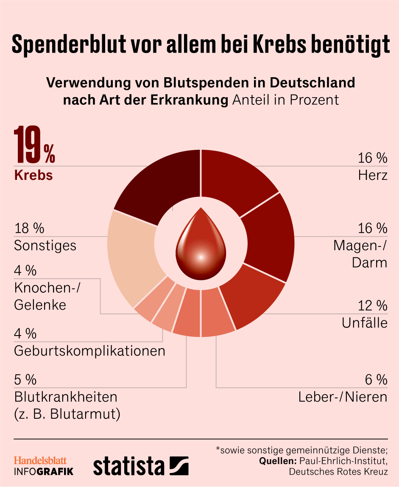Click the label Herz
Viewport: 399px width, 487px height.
373,175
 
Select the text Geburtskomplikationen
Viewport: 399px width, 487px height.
89,351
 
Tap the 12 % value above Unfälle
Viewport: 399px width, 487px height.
372,305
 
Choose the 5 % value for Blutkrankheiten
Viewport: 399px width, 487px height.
25,379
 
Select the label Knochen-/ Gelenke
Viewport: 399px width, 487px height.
47,296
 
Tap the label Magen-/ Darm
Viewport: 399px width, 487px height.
360,254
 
